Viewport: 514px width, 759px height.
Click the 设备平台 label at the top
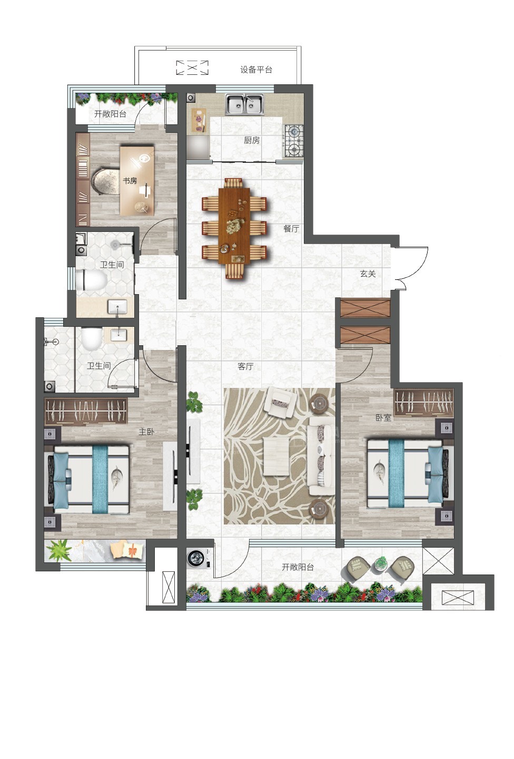(256, 70)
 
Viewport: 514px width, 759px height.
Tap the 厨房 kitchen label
(252, 140)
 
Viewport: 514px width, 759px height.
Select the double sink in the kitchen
(245, 104)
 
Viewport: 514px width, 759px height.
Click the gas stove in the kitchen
(293, 140)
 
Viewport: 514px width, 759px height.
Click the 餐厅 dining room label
(291, 229)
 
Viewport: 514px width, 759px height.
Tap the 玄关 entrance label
(368, 274)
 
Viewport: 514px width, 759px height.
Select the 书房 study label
(130, 181)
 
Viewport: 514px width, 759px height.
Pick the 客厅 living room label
(245, 366)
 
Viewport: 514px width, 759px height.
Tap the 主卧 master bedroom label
(146, 432)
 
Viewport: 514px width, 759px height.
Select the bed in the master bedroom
(88, 480)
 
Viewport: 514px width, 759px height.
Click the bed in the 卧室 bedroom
(409, 473)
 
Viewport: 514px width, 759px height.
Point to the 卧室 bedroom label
(383, 418)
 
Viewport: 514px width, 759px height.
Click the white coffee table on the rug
(276, 456)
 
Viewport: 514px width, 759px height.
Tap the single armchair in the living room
(281, 402)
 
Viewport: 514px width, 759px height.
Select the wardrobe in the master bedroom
(86, 411)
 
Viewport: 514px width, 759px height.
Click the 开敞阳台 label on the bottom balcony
(298, 567)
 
